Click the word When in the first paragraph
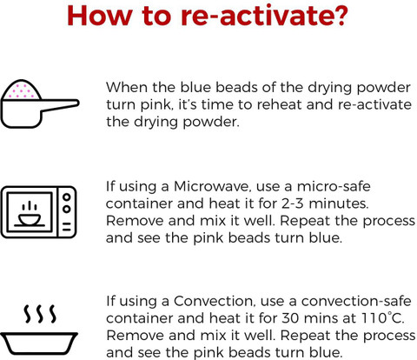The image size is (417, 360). coord(127,87)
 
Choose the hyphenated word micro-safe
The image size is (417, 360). coord(334,186)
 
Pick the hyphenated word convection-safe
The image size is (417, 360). coord(356,301)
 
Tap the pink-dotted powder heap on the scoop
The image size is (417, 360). coord(22,90)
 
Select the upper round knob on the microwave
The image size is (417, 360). coord(67,197)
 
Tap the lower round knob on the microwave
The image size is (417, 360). coord(67,210)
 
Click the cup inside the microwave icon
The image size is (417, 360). coord(30,220)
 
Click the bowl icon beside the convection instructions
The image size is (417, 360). coord(39,343)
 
